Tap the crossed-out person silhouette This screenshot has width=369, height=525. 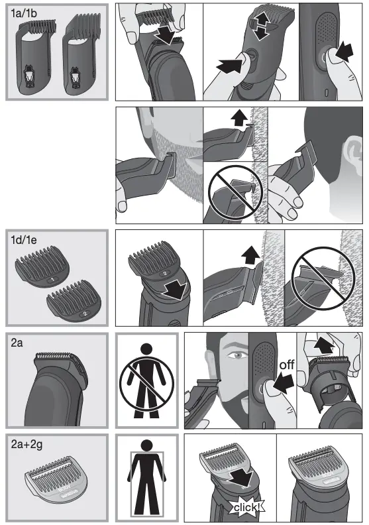[x=146, y=381]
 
